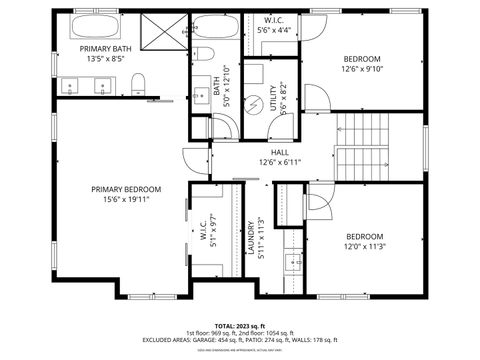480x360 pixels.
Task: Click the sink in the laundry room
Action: [292, 263]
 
